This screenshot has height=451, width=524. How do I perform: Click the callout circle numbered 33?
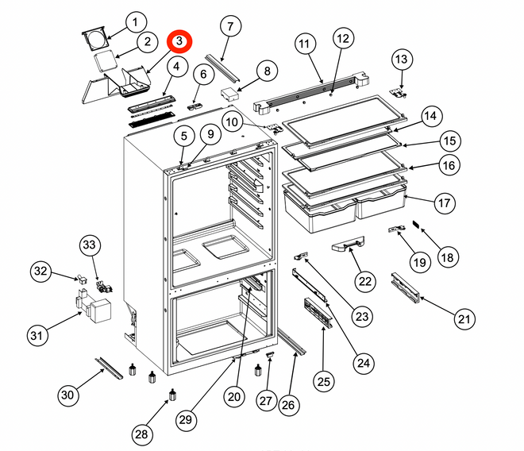pyautogui.click(x=90, y=246)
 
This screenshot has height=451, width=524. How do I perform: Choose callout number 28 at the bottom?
pyautogui.click(x=141, y=434)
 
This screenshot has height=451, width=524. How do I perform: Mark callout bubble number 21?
pyautogui.click(x=465, y=319)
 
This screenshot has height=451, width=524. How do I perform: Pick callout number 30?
pyautogui.click(x=69, y=395)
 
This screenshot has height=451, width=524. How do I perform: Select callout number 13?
pyautogui.click(x=403, y=59)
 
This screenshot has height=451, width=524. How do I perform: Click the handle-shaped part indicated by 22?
pyautogui.click(x=348, y=246)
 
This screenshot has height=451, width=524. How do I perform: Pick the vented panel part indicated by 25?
pyautogui.click(x=315, y=311)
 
